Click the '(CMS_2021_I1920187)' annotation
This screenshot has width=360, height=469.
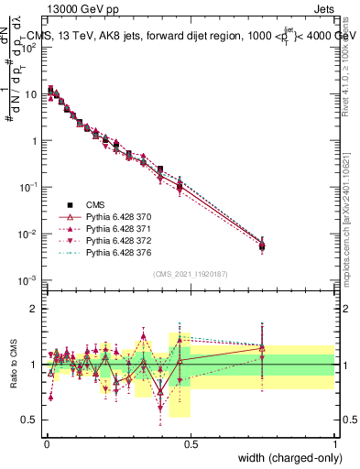click(x=190, y=273)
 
